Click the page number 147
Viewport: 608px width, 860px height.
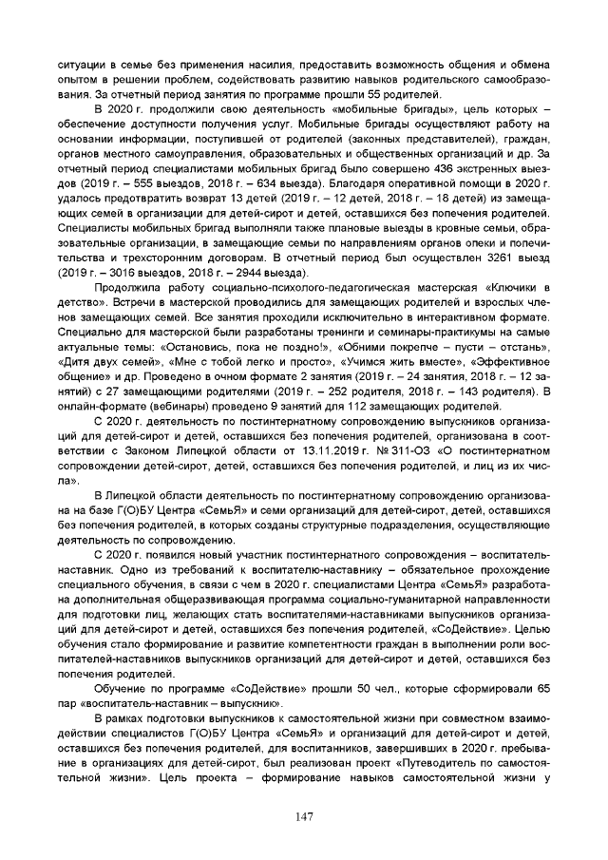[304, 816]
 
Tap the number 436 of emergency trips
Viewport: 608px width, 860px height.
[425, 168]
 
